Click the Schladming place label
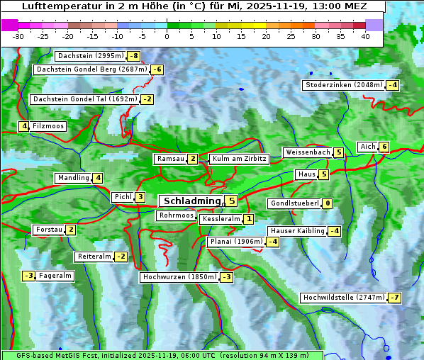[x=191, y=201]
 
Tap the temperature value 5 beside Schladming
[x=231, y=201]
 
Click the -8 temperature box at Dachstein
[x=133, y=56]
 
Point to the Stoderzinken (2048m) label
[x=343, y=85]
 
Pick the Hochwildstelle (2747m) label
[x=343, y=298]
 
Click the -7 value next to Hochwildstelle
[x=394, y=298]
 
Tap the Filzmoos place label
[x=48, y=126]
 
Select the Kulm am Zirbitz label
[x=239, y=159]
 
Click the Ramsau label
[x=170, y=159]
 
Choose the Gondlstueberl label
[x=294, y=203]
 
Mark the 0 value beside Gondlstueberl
[x=327, y=203]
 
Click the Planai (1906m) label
[x=235, y=242]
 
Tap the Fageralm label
[x=55, y=276]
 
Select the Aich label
[x=367, y=147]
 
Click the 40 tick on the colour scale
[x=365, y=36]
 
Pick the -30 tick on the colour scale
[x=18, y=36]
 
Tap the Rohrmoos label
[x=176, y=215]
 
